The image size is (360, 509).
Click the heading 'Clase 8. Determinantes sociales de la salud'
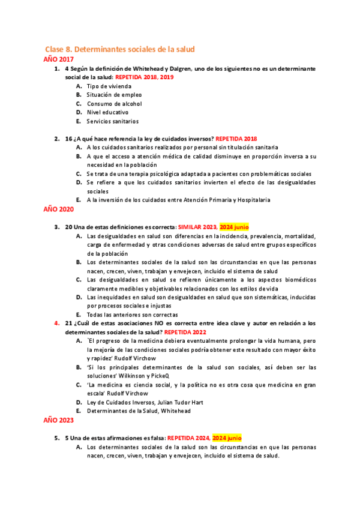click(x=120, y=49)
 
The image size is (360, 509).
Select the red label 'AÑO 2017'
click(x=59, y=59)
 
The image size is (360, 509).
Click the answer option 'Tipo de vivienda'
click(x=109, y=86)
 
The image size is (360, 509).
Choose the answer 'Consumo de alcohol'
click(x=114, y=104)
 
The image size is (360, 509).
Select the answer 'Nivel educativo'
click(x=107, y=112)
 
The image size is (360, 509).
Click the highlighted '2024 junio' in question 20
click(x=234, y=227)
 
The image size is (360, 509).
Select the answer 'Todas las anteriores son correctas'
click(x=132, y=315)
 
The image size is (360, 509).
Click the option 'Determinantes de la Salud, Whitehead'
click(x=138, y=411)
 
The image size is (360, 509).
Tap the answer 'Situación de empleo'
click(x=114, y=95)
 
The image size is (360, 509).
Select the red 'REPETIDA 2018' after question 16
click(x=236, y=138)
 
